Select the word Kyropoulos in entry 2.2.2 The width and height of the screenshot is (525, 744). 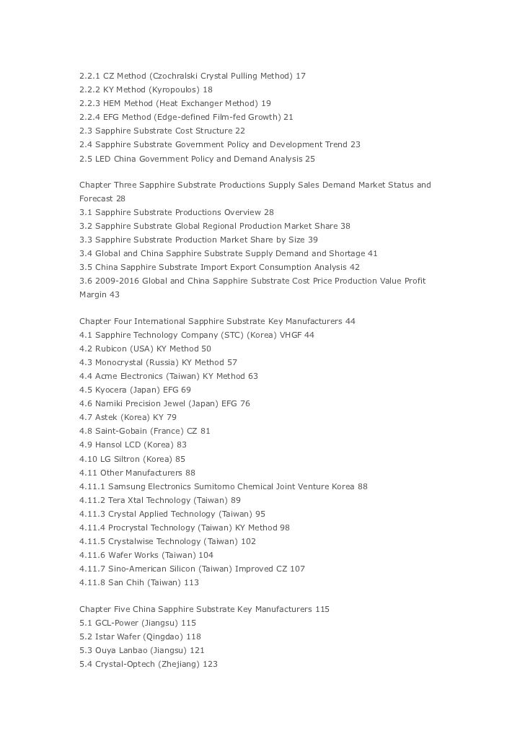174,89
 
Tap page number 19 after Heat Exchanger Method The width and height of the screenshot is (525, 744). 266,103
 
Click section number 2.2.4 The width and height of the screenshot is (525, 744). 91,117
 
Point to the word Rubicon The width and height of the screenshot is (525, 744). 112,349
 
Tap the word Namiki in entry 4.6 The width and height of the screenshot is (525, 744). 110,403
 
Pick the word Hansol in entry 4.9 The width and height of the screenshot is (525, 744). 109,445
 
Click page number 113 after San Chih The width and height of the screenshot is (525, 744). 191,582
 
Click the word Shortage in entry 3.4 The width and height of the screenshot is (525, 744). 347,253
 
